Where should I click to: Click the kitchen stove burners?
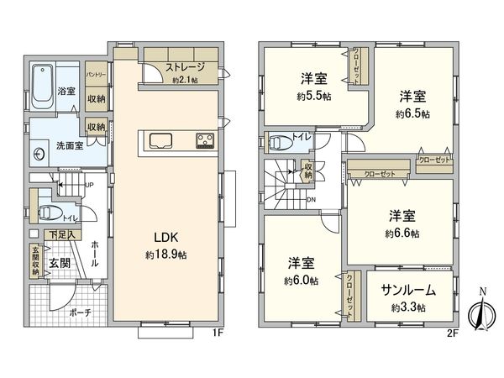pyautogui.click(x=205, y=140)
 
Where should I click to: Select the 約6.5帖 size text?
pyautogui.click(x=413, y=113)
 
